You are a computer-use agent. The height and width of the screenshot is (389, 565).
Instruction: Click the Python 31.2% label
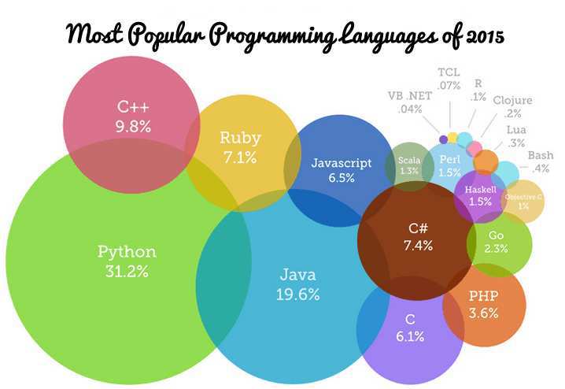point(127,261)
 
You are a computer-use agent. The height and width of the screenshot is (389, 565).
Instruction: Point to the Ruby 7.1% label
point(240,147)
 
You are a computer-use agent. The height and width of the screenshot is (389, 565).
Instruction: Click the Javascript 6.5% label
point(341,170)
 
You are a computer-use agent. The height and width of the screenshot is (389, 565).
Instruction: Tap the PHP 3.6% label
point(483,305)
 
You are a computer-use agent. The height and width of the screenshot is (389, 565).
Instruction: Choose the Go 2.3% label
point(497,242)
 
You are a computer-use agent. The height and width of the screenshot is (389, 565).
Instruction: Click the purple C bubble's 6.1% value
point(410,335)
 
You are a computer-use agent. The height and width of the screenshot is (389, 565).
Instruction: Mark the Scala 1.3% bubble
point(409,165)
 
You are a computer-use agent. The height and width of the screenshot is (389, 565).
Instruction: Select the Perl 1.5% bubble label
point(450,166)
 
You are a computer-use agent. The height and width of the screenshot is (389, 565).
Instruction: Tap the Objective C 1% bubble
point(523,201)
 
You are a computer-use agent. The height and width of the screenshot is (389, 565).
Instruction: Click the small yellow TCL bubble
point(452,137)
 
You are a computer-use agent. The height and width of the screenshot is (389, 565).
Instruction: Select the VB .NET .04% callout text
point(410,102)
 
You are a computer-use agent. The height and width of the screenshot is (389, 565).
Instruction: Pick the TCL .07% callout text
point(449,79)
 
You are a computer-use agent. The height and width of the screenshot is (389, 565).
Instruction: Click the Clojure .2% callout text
point(512,106)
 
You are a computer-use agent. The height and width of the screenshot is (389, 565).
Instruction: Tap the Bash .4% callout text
point(540,161)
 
